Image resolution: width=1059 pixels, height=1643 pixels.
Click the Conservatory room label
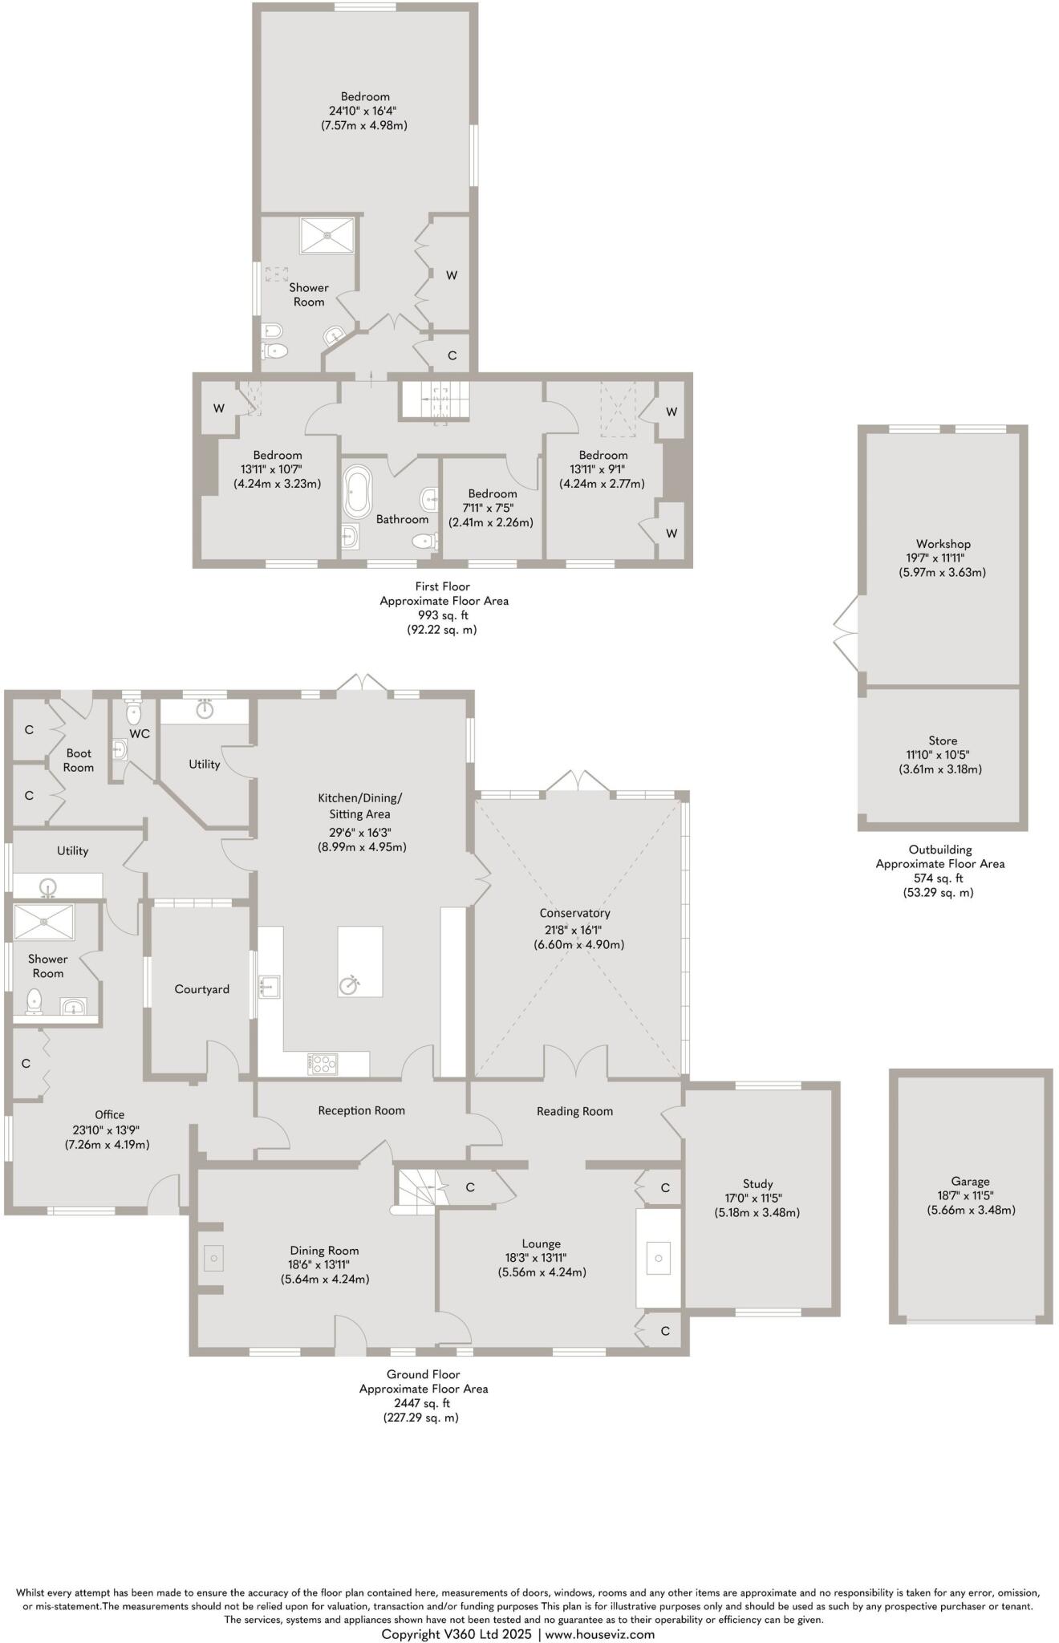(x=574, y=913)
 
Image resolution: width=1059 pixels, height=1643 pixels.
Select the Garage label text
(x=970, y=1181)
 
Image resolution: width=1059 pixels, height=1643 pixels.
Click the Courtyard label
(x=202, y=989)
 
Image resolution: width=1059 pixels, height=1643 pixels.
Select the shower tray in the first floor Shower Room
(x=327, y=234)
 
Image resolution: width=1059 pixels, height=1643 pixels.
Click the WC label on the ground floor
(x=140, y=733)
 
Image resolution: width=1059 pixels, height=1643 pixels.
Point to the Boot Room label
(x=79, y=760)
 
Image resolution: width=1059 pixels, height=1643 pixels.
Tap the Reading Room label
(x=574, y=1111)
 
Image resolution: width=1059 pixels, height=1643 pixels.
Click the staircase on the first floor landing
(x=434, y=399)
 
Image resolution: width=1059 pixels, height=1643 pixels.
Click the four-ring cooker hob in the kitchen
(x=323, y=1064)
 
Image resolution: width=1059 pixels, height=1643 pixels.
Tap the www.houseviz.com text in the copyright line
(x=600, y=1634)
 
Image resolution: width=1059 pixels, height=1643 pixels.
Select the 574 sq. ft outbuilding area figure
(x=939, y=878)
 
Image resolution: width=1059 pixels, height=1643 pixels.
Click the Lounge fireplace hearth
(x=658, y=1258)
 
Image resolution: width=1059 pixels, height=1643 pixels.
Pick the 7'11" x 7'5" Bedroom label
(x=491, y=508)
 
